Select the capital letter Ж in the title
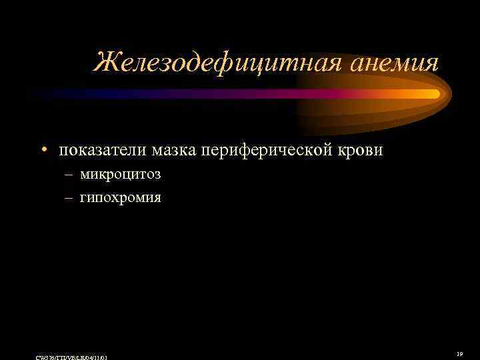pyautogui.click(x=105, y=63)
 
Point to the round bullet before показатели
pyautogui.click(x=44, y=150)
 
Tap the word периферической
pyautogui.click(x=266, y=151)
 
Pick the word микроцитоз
pyautogui.click(x=121, y=175)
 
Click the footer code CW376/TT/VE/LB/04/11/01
pyautogui.click(x=74, y=357)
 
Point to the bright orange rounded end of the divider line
pyautogui.click(x=434, y=94)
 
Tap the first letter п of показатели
pyautogui.click(x=63, y=151)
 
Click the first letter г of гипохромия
pyautogui.click(x=83, y=199)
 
